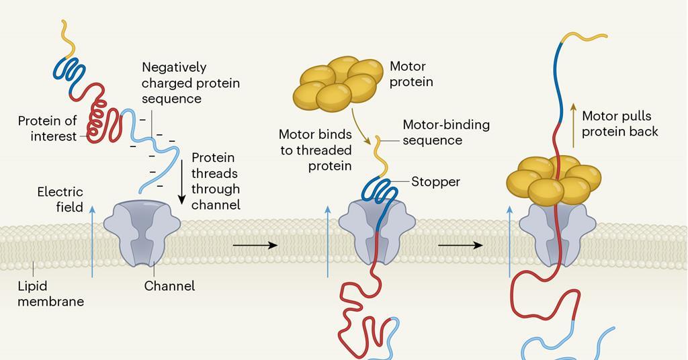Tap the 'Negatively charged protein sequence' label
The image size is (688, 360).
(190, 83)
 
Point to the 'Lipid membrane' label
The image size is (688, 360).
(50, 294)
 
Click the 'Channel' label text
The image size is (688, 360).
(169, 286)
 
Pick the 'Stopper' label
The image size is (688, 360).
(435, 181)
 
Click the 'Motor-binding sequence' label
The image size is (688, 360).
(445, 132)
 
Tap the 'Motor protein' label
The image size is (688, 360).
(411, 74)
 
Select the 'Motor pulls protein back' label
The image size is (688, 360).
(619, 124)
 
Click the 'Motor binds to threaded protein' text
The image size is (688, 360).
(315, 150)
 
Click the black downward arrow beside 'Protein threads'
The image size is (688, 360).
(181, 181)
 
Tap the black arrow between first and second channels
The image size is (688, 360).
(255, 246)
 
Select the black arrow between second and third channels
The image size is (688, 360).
(460, 246)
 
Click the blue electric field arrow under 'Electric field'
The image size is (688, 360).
(92, 242)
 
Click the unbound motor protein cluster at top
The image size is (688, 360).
(338, 83)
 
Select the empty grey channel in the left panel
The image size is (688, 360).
(143, 231)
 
